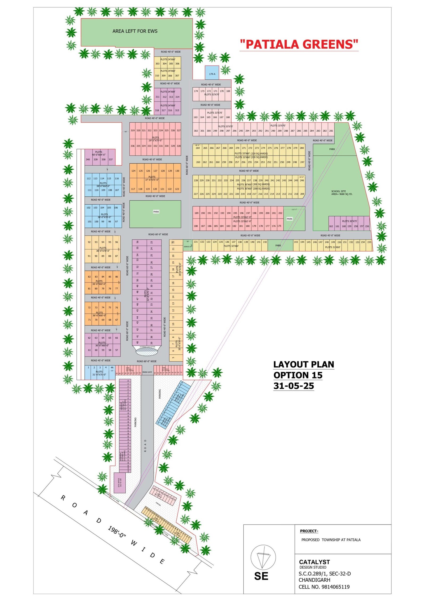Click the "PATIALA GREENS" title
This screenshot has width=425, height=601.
299,44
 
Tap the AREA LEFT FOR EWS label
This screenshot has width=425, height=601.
135,31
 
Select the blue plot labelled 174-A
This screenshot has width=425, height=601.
212,73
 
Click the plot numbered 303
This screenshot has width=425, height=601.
158,64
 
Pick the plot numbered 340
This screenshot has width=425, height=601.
88,160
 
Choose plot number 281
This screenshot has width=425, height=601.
331,131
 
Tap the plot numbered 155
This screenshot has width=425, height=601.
369,242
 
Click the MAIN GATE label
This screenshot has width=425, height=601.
147,372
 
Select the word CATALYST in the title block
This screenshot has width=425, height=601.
314,562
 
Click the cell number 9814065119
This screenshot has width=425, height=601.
335,587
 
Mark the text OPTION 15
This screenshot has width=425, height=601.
298,375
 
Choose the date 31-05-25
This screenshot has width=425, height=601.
294,386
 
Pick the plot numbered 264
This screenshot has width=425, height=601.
198,148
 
